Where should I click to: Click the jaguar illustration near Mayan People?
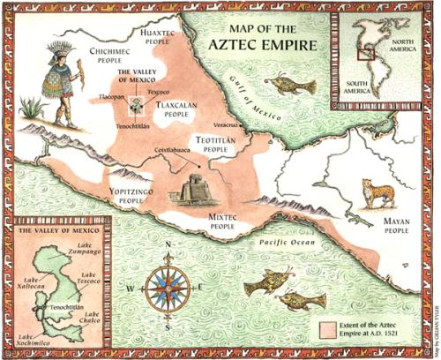point(377,192)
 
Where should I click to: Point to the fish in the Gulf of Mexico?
point(290,85)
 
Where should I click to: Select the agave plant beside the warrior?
point(33,109)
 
